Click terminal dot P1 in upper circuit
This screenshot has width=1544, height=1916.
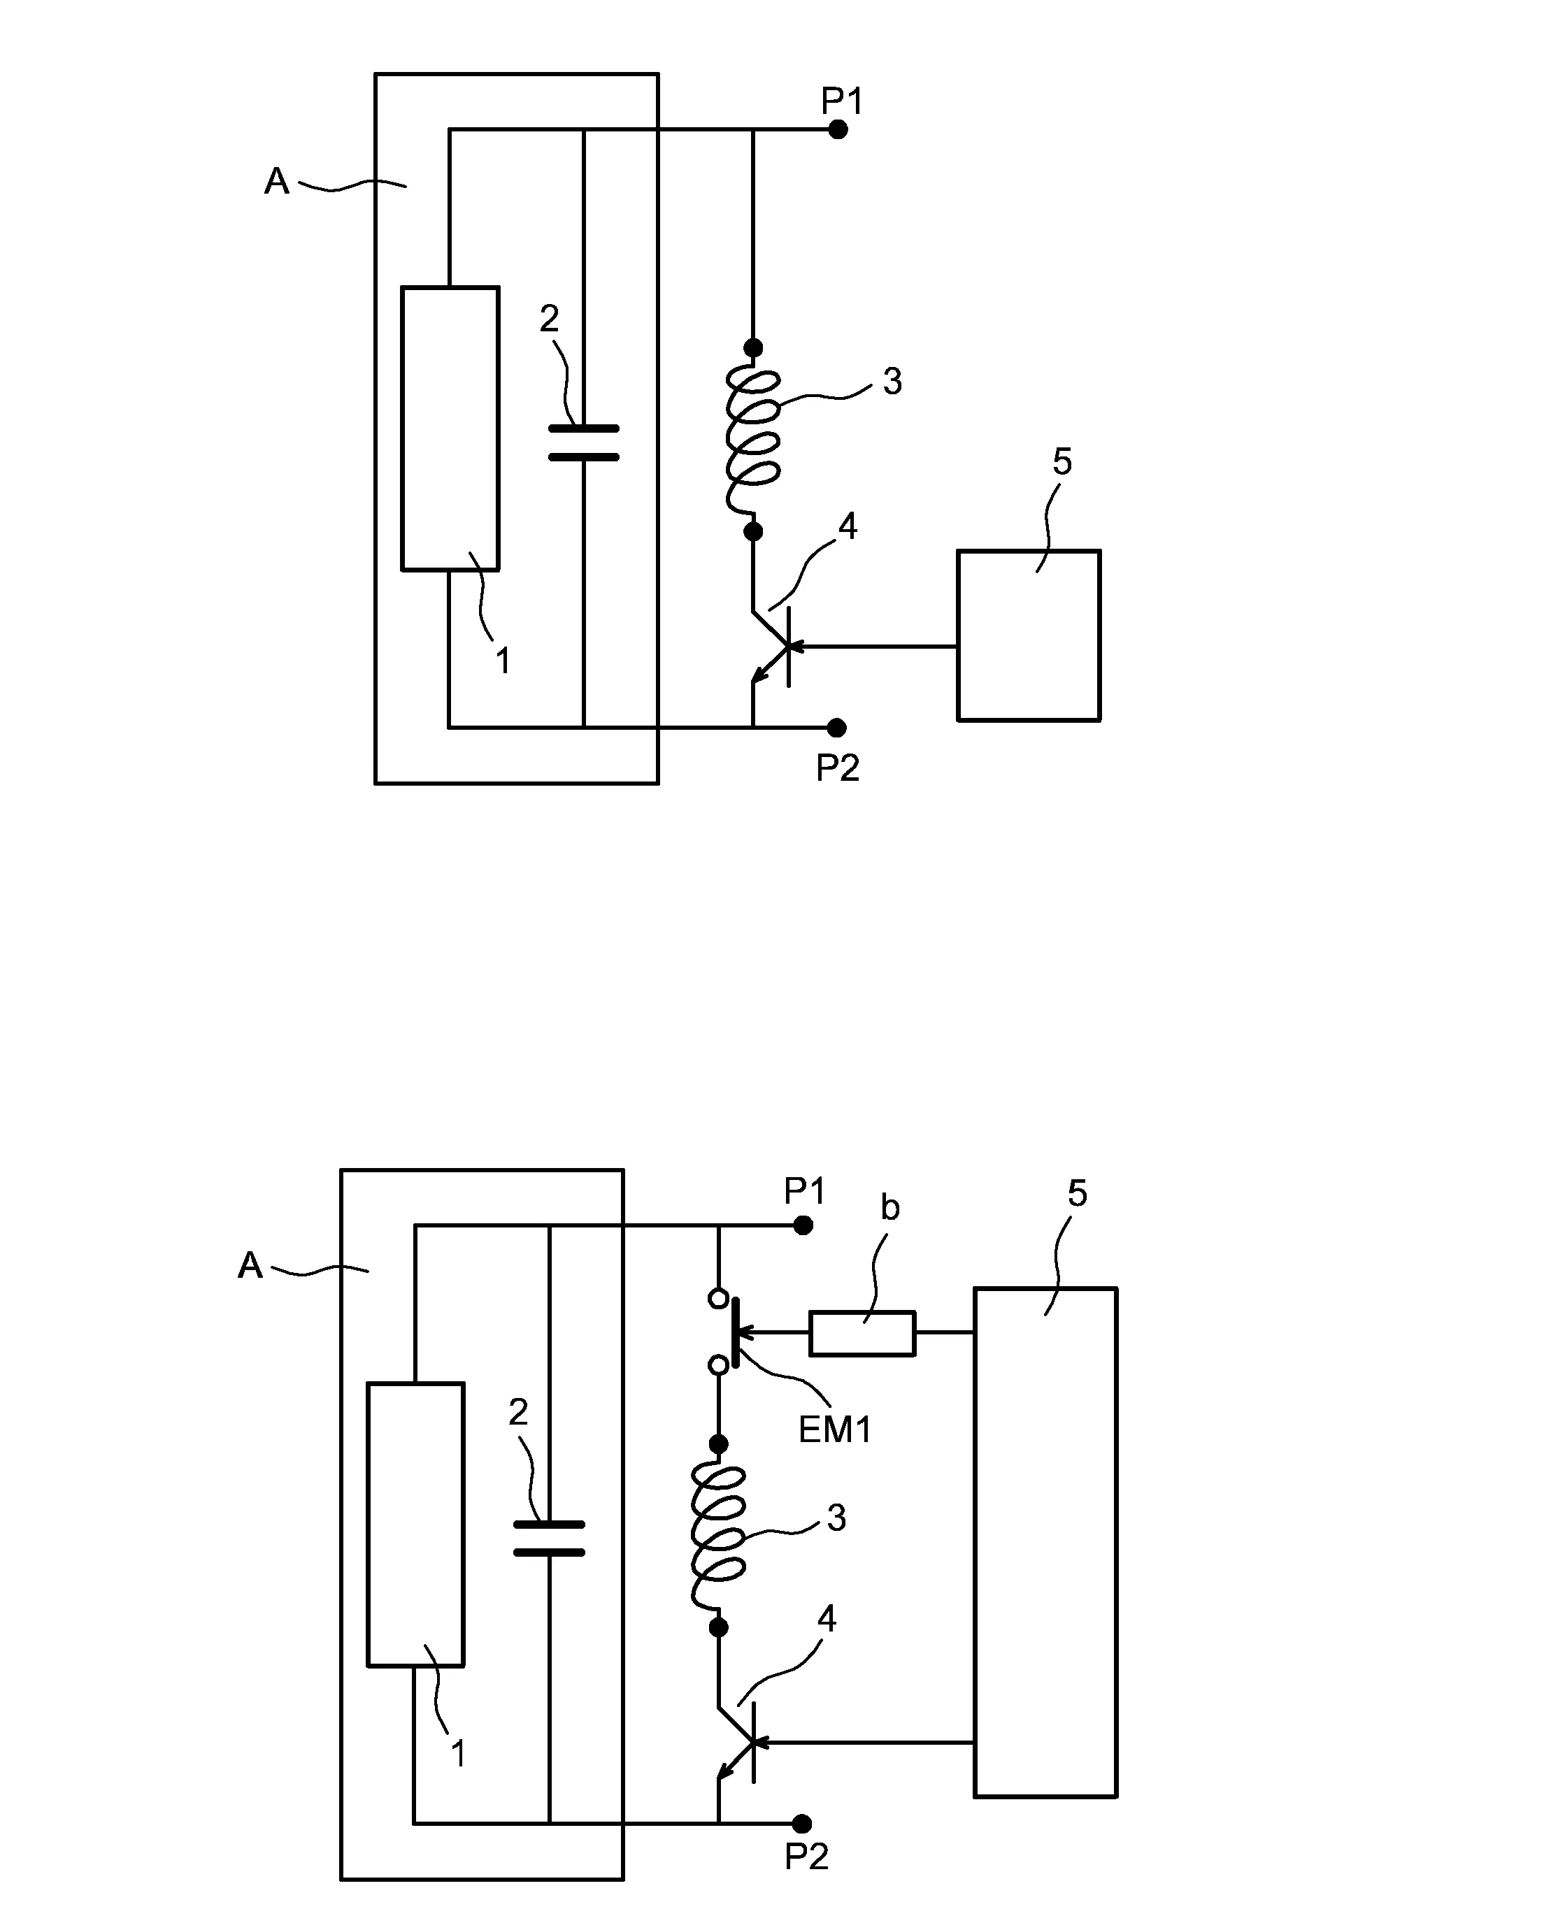pyautogui.click(x=837, y=130)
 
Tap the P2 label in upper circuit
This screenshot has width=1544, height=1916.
pyautogui.click(x=837, y=768)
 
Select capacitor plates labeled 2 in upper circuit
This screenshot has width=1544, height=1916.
pyautogui.click(x=583, y=442)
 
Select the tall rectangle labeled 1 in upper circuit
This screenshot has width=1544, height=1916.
pyautogui.click(x=450, y=428)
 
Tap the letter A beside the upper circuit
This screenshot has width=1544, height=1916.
pyautogui.click(x=277, y=181)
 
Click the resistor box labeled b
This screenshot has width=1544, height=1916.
pyautogui.click(x=861, y=1333)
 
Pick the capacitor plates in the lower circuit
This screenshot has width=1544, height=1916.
pyautogui.click(x=549, y=1538)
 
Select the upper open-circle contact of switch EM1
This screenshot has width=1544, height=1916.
pyautogui.click(x=717, y=1299)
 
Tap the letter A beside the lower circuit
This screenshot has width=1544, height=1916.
pyautogui.click(x=250, y=1265)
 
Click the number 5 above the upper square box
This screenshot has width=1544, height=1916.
pyautogui.click(x=1062, y=461)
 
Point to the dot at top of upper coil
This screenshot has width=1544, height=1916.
pyautogui.click(x=752, y=347)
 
